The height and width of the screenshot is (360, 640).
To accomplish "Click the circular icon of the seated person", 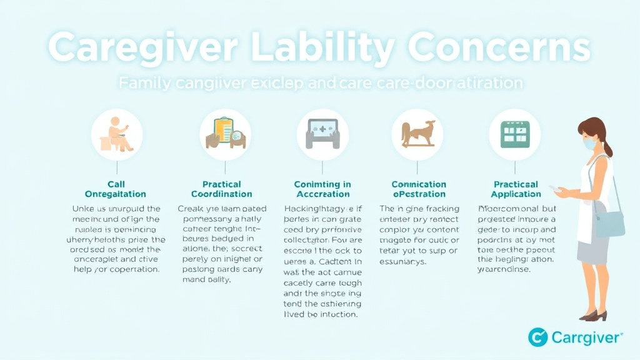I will pos(117,134).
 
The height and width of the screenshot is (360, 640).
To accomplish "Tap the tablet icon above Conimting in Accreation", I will pos(322,134).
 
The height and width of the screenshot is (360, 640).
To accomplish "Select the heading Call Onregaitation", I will pos(116,189).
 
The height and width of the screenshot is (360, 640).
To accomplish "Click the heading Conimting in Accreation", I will pos(322,189).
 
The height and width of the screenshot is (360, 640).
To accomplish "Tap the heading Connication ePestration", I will pos(419,189).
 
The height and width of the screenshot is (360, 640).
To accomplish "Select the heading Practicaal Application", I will pos(516,189).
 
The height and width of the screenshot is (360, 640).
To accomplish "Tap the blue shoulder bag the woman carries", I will pos(610,224).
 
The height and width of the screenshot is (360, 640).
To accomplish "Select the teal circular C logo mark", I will pos(537,337).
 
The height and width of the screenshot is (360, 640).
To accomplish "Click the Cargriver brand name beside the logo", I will pos(587,338).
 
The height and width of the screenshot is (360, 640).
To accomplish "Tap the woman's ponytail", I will pos(607,147).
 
